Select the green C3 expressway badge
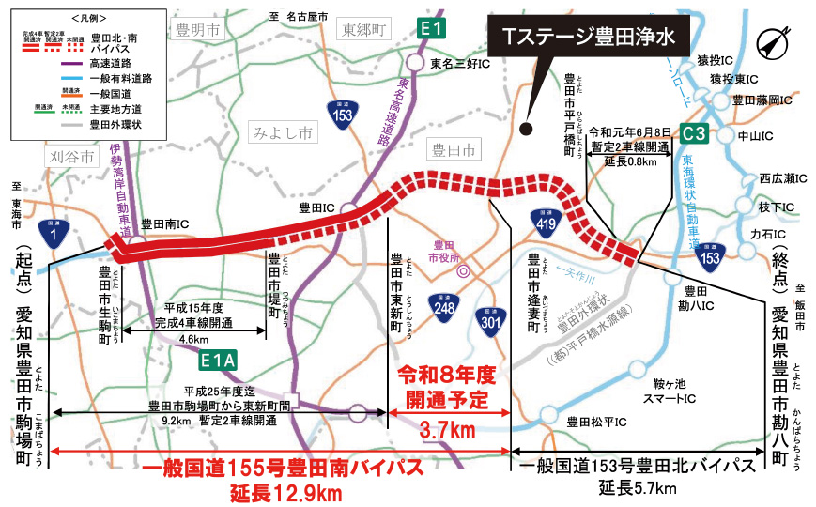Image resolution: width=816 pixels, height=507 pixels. tap(695, 133)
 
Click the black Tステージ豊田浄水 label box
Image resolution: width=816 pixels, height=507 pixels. tap(589, 38)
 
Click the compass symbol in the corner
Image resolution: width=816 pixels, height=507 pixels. tap(771, 42)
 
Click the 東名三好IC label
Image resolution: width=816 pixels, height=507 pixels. tap(458, 64)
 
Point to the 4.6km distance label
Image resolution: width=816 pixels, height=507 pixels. tap(192, 340)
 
